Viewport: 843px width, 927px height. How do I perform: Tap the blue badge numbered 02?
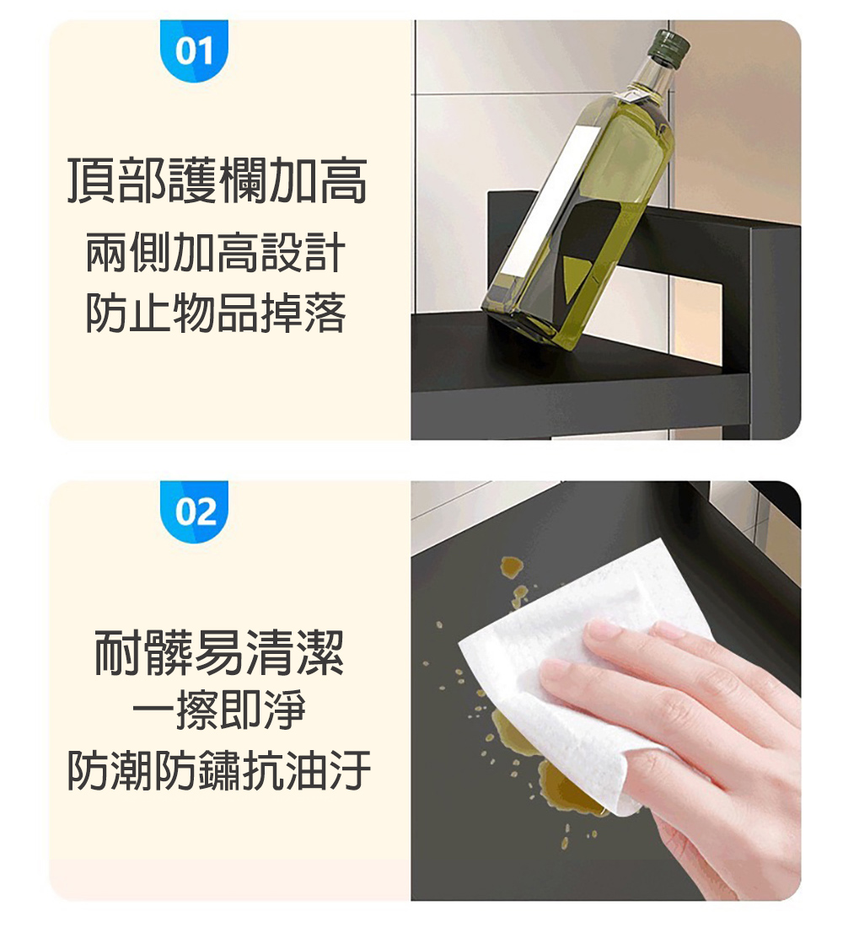click(194, 512)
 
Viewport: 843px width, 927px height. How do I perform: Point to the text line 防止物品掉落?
click(216, 313)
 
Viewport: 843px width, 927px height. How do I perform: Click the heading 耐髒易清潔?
click(218, 654)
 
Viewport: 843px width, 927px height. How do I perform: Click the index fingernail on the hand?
click(604, 628)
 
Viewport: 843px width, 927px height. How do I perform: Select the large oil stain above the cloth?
click(511, 568)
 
